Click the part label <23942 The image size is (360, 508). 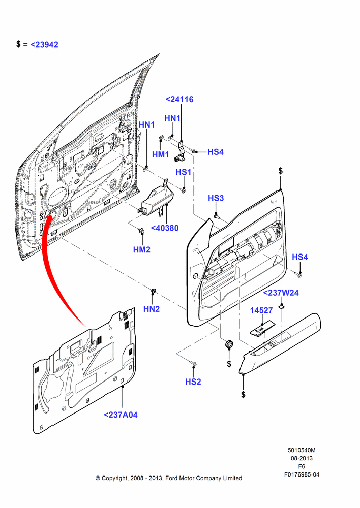pos(44,44)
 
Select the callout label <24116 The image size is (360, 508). pos(179,99)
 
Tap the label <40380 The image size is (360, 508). pos(165,228)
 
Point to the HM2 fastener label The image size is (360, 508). pos(142,250)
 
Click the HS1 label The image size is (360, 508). pos(184,172)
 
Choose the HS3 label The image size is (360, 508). pos(216,198)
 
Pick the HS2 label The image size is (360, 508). pos(193,382)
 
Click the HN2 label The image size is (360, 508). pos(152,309)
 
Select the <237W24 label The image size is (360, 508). pos(281,293)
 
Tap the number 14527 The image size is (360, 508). pos(261,310)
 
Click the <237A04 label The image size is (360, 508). pos(121,415)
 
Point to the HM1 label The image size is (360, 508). pos(161,154)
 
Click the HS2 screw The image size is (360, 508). pos(194,364)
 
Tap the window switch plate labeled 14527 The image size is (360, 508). pos(262,328)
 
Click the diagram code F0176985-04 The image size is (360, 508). pos(302,474)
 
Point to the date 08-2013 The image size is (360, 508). pos(302,458)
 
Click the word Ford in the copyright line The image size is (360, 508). pos(172,478)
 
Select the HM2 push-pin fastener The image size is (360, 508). pos(141,231)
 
